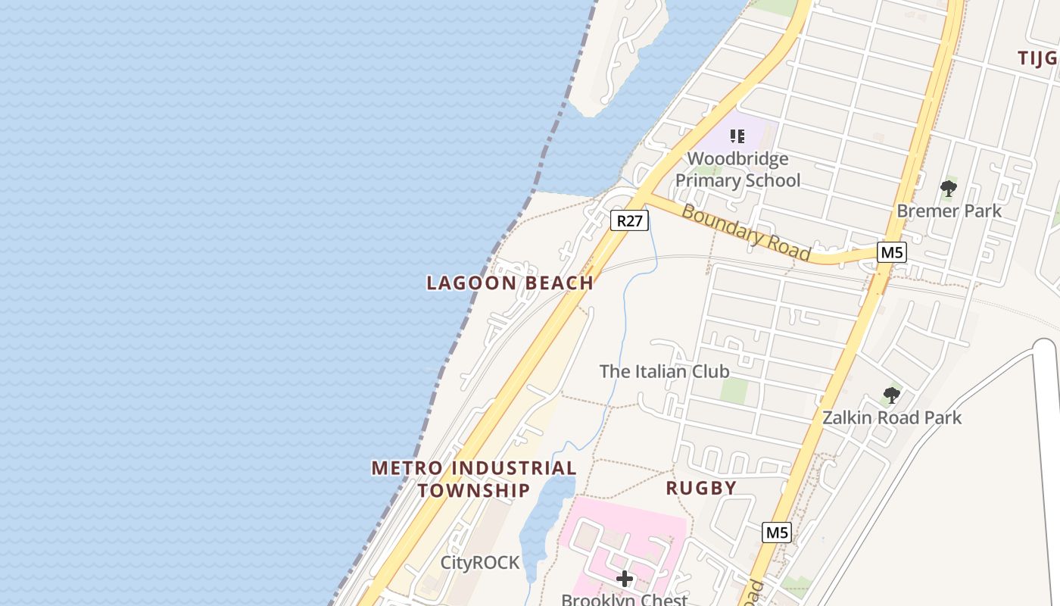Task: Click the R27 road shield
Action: point(629,220)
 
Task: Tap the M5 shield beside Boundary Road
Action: point(891,252)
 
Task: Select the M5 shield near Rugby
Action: point(777,533)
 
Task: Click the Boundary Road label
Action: point(746,233)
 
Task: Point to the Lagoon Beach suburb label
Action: point(510,283)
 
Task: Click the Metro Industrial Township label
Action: point(474,479)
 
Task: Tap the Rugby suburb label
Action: point(701,489)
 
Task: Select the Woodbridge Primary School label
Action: point(737,170)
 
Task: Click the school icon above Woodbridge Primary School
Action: point(737,136)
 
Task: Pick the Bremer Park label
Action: point(949,211)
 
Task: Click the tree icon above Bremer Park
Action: point(948,189)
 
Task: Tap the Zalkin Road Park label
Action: point(892,417)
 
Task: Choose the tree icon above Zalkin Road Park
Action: point(891,395)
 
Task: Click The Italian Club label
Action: point(664,371)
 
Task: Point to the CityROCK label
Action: point(480,563)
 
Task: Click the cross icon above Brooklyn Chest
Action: point(625,579)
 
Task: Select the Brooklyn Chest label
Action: point(625,599)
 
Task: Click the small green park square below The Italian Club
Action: point(734,391)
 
